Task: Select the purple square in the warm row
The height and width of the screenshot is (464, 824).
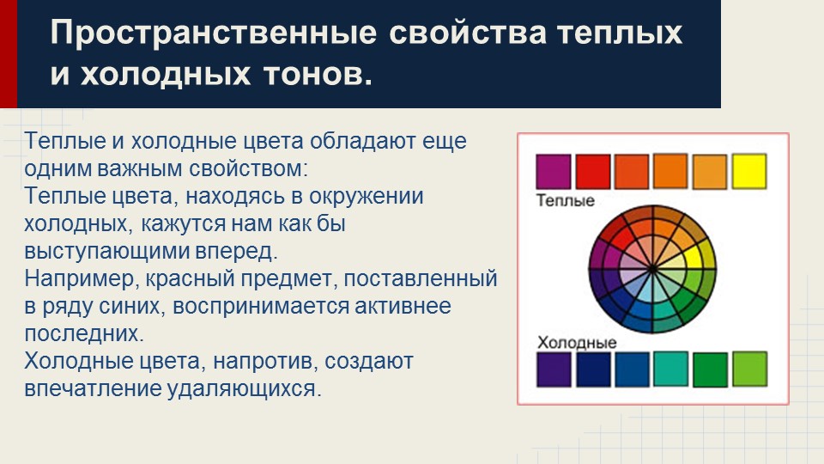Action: [x=552, y=171]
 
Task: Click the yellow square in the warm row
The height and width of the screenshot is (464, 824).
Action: [x=749, y=171]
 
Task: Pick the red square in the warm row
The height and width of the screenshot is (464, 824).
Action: [x=592, y=171]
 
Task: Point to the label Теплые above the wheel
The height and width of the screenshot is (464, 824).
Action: [x=565, y=200]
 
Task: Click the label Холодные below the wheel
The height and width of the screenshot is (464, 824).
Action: [x=577, y=343]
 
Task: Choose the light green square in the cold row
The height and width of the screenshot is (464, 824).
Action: [x=749, y=369]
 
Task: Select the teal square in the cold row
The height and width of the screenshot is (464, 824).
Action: [x=670, y=369]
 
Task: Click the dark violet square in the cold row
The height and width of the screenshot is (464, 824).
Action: [x=553, y=369]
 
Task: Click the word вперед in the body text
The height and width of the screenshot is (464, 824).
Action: [x=243, y=252]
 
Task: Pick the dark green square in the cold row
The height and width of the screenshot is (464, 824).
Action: [x=710, y=369]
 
